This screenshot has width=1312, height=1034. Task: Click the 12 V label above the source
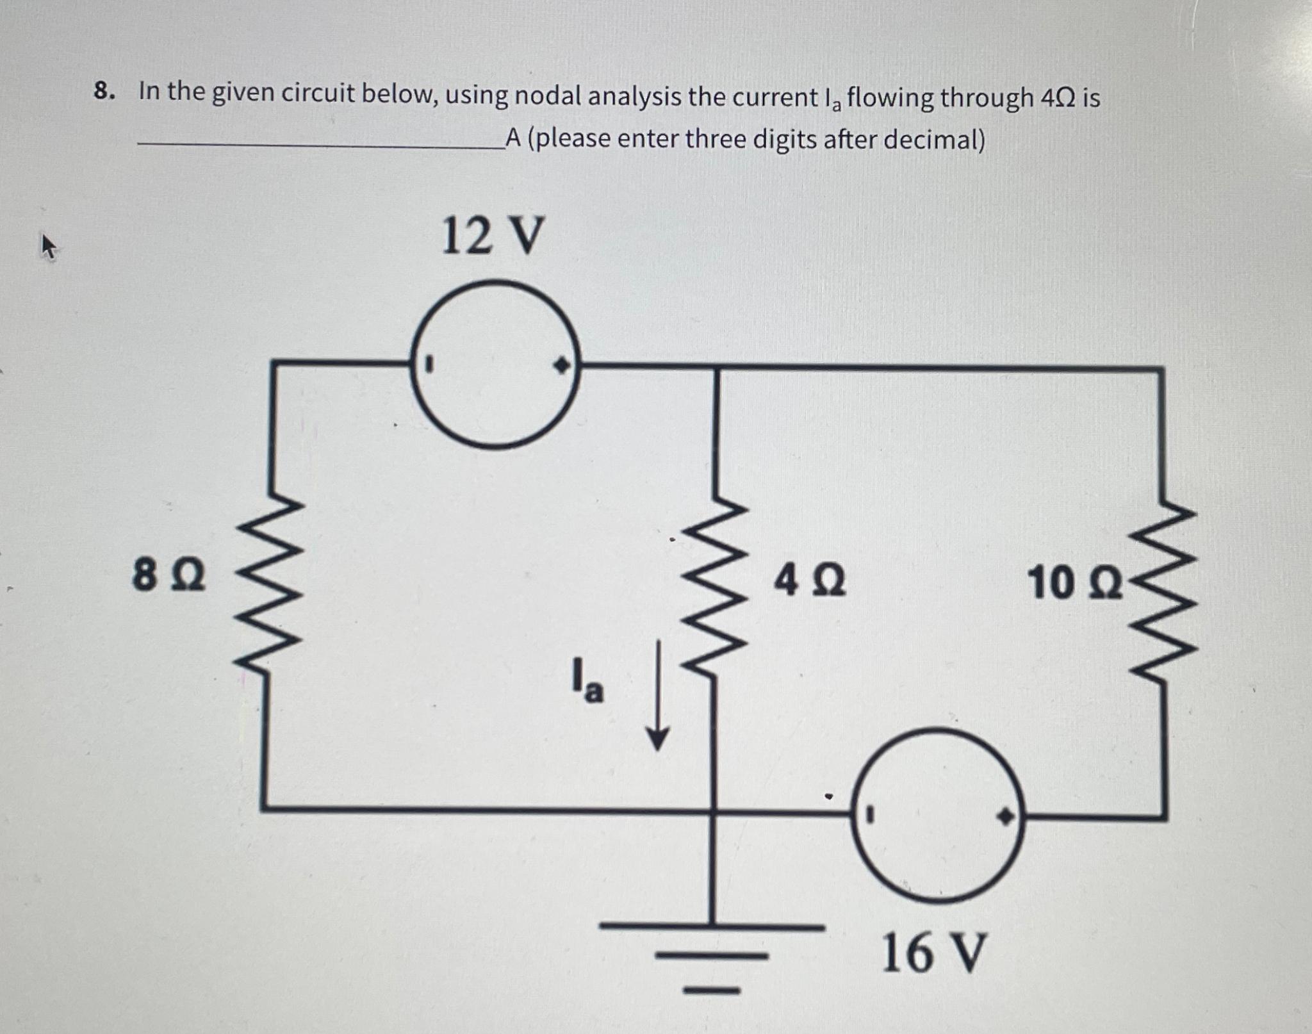(493, 236)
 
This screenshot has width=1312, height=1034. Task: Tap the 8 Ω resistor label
(168, 575)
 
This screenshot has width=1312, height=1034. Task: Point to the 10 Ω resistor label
(1074, 584)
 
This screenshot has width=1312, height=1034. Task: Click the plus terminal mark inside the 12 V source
(561, 366)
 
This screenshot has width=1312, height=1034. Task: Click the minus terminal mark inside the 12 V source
(430, 366)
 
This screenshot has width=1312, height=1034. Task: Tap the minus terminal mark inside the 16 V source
(869, 815)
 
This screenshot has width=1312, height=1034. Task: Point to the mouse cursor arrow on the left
(49, 247)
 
